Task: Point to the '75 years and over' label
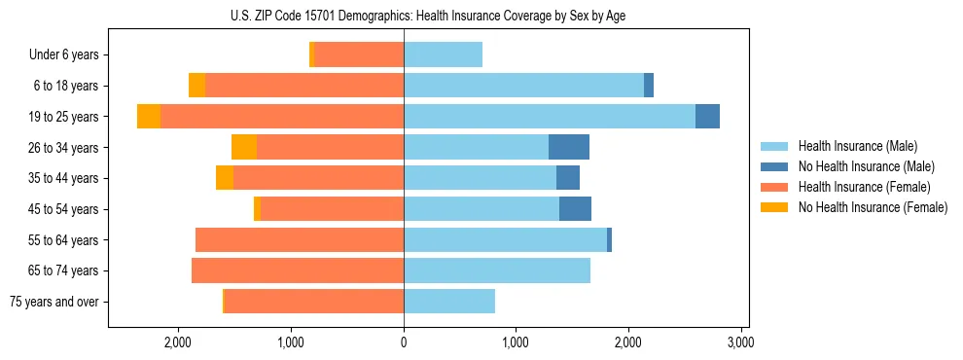[54, 302]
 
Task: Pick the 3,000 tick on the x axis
[741, 343]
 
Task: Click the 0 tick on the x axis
[404, 343]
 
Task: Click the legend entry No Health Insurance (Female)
[873, 207]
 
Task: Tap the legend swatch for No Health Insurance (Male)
[775, 166]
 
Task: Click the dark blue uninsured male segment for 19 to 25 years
[707, 117]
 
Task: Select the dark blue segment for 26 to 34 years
[569, 148]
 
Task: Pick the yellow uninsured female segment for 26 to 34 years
[244, 148]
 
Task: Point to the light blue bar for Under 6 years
[443, 55]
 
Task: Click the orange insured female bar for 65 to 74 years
[298, 270]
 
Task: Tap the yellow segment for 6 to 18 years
[196, 86]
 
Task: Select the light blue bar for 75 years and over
[449, 302]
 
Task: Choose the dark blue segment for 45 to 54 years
[575, 209]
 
